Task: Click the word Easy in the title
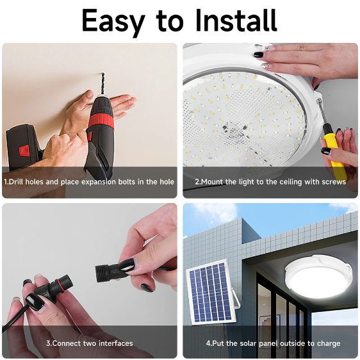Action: (113, 21)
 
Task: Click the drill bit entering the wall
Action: (102, 84)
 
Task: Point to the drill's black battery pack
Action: (23, 146)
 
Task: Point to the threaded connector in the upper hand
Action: (109, 274)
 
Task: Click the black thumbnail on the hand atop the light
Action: (259, 54)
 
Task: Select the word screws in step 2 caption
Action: (334, 182)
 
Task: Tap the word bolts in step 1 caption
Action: (127, 182)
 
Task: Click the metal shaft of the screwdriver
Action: (322, 112)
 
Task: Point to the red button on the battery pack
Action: (24, 151)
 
